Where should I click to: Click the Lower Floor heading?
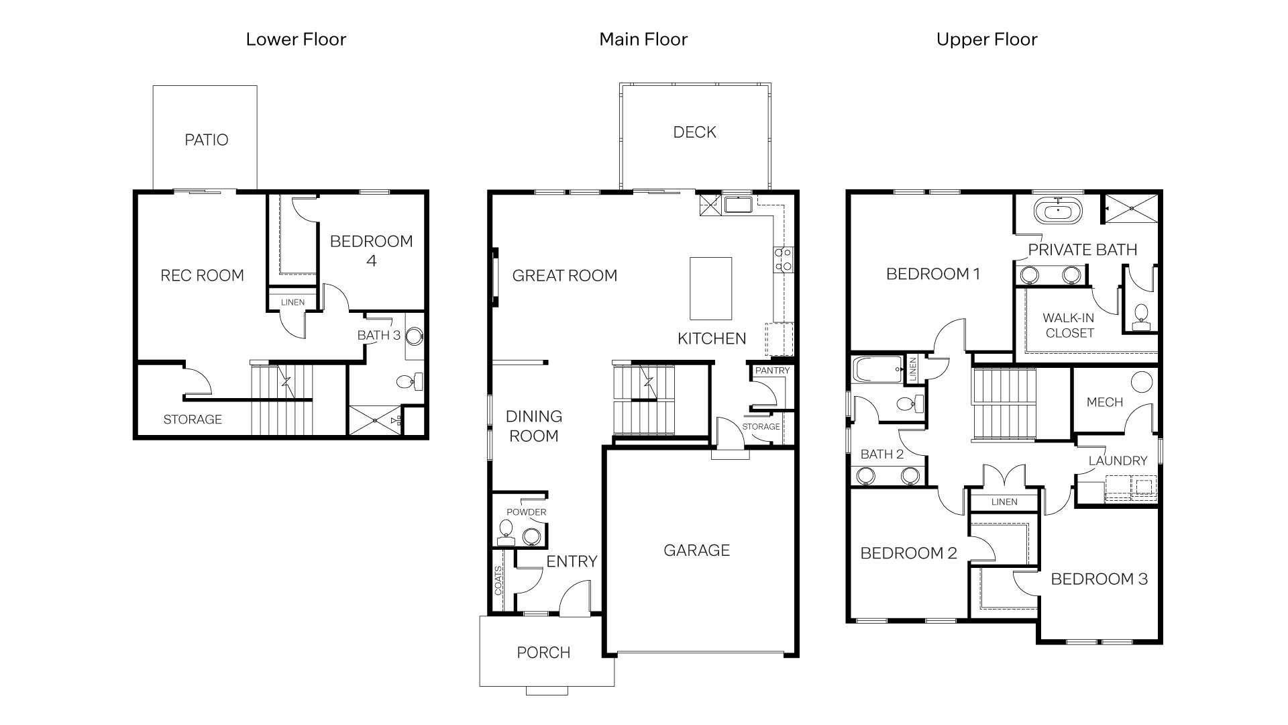pos(296,40)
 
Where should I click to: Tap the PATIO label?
pos(207,140)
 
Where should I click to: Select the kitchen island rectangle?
pos(710,289)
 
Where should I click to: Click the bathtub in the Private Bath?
pos(1058,211)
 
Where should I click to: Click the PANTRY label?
pos(772,371)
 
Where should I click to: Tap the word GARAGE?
pos(696,550)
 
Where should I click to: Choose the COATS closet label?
pos(498,581)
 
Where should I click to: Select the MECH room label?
pos(1104,402)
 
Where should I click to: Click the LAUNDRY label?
pos(1118,461)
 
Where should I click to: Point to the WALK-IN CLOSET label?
pos(1069,326)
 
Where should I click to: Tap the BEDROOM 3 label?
pos(1099,579)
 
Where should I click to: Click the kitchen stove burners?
pos(783,260)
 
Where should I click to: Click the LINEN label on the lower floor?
pos(292,302)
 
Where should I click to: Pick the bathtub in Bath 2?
pos(877,369)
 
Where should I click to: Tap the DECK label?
pos(694,132)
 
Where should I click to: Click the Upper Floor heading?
pos(986,40)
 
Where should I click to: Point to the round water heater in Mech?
pos(1141,382)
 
